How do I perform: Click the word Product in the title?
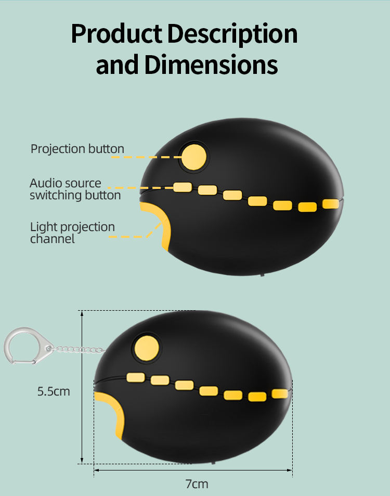pyautogui.click(x=118, y=34)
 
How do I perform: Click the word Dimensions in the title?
pyautogui.click(x=211, y=66)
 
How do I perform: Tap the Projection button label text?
pyautogui.click(x=77, y=149)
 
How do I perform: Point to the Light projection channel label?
pyautogui.click(x=72, y=233)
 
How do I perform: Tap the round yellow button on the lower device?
pyautogui.click(x=146, y=347)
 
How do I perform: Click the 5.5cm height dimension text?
pyautogui.click(x=54, y=391)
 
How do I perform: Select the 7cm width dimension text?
pyautogui.click(x=197, y=484)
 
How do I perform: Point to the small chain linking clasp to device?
pyautogui.click(x=78, y=349)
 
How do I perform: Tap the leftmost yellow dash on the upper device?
pyautogui.click(x=182, y=187)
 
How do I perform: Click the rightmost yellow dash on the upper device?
pyautogui.click(x=331, y=204)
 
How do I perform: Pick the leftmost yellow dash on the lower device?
pyautogui.click(x=135, y=377)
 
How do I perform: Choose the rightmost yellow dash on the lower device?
pyautogui.click(x=280, y=393)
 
